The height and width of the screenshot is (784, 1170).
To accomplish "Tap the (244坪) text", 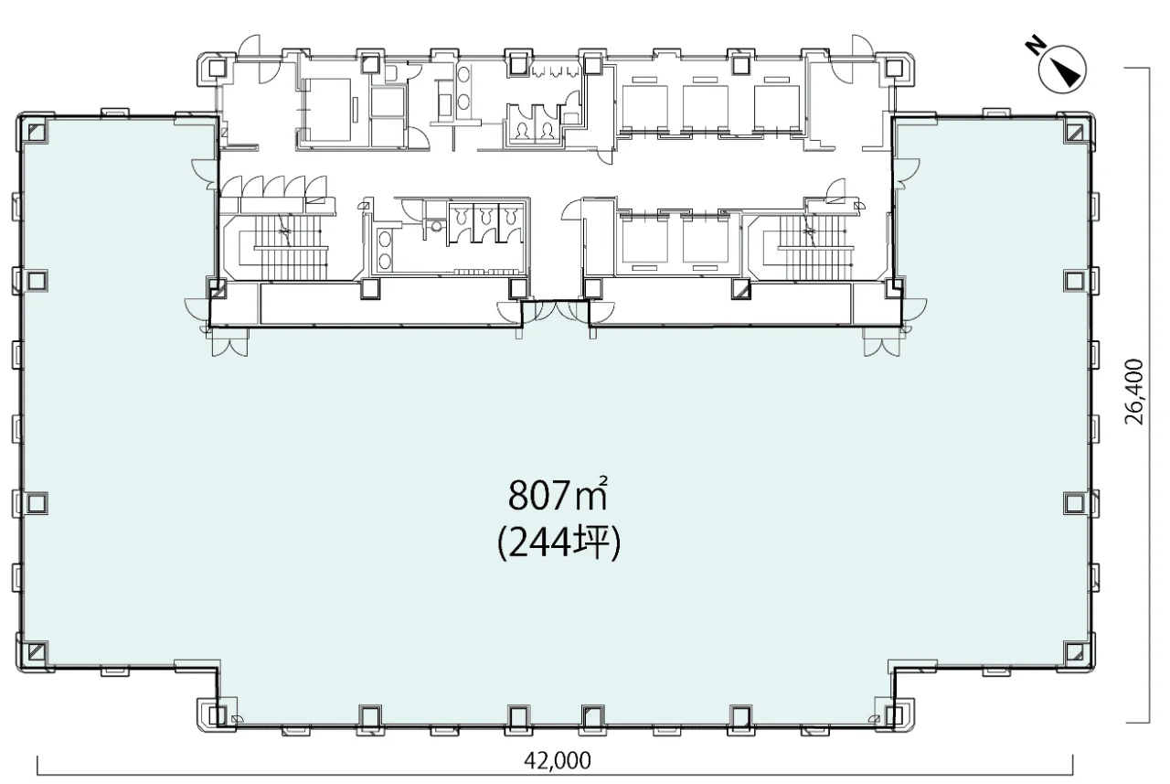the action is click(558, 543).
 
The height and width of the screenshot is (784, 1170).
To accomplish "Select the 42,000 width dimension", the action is click(558, 760).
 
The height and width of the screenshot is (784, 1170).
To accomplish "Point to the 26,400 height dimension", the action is click(1134, 392).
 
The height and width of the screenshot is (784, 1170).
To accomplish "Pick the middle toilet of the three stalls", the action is click(485, 215).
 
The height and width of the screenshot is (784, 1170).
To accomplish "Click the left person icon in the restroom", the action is click(521, 131).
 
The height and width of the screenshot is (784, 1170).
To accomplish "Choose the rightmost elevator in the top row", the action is click(776, 108).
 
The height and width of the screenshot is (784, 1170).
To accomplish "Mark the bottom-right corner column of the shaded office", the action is click(1075, 651).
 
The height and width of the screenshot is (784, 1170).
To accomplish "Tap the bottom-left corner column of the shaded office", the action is click(37, 651).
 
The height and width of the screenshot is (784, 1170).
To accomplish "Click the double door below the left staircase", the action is click(229, 343).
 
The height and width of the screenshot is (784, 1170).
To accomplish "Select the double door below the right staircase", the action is click(882, 343).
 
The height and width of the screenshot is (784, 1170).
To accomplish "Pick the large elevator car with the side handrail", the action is click(327, 110).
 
